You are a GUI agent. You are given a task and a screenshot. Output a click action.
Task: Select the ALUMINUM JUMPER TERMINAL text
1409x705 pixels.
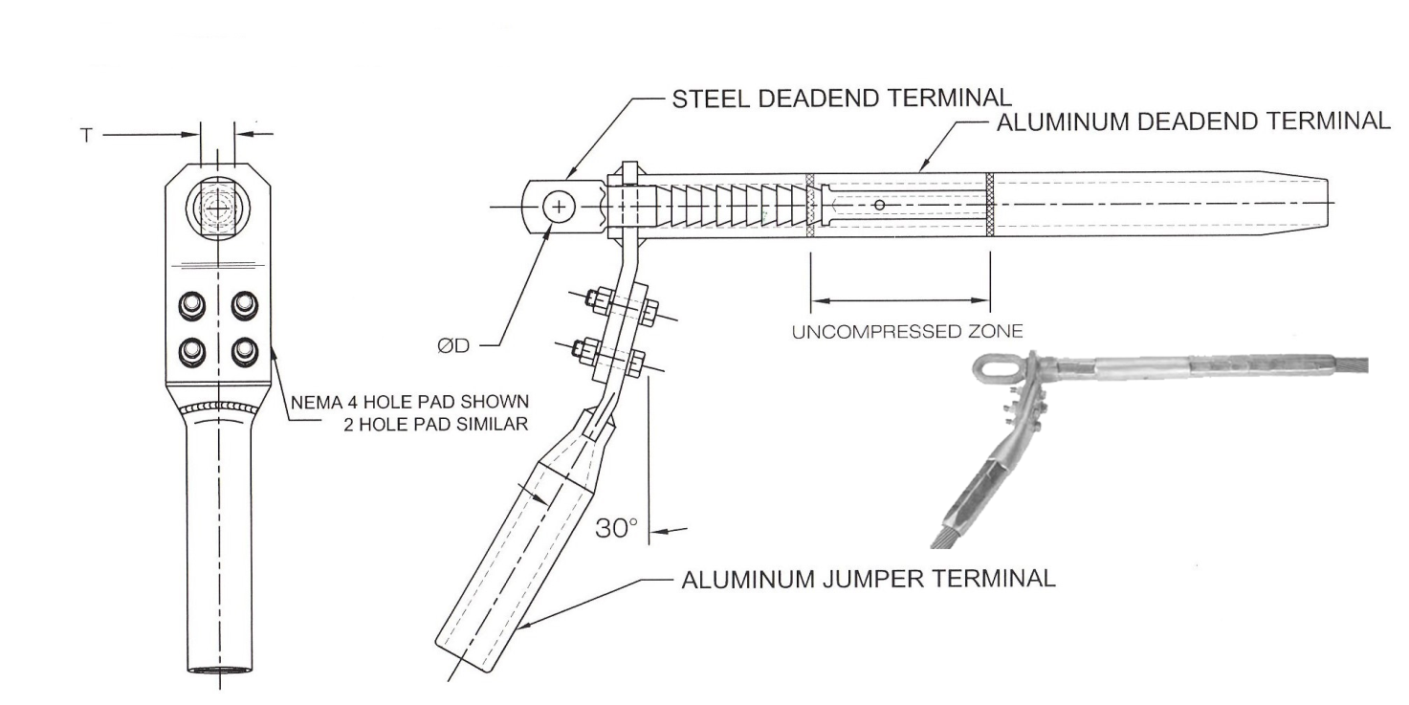coord(868,580)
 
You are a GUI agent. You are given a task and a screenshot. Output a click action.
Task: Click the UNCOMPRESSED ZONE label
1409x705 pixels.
coord(907,332)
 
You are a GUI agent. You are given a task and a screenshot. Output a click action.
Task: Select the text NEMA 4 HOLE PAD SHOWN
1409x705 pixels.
coord(409,400)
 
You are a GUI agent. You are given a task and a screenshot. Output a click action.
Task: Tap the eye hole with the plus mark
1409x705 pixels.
coord(558,207)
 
